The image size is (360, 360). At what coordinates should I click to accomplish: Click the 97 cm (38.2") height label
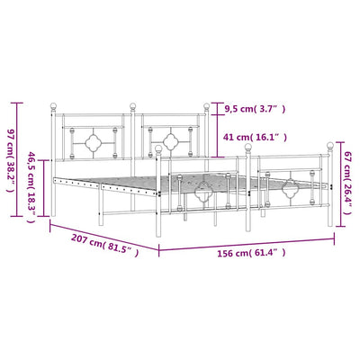11,161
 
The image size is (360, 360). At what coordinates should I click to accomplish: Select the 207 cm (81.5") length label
105,245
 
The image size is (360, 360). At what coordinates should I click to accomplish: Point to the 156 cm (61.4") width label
251,254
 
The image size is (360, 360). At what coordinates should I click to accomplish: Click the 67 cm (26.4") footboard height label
347,183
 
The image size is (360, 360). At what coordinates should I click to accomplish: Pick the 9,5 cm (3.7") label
254,109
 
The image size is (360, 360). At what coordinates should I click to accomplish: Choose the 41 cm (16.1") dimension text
255,138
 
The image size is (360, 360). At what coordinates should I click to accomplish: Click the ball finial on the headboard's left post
53,106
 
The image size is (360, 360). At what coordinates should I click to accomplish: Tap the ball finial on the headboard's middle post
132,106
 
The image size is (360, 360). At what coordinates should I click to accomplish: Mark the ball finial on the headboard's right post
206,106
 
